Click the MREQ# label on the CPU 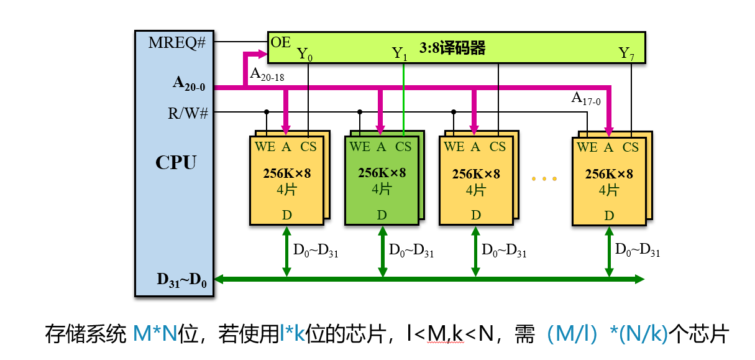(176, 43)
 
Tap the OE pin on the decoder (280, 42)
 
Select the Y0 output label (304, 54)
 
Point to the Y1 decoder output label (400, 54)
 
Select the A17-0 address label (585, 98)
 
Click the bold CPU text (176, 163)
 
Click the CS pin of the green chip (403, 147)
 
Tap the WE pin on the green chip (359, 147)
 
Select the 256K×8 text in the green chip (382, 173)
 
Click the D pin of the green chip (382, 215)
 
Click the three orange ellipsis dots (544, 179)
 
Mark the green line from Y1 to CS (404, 99)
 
